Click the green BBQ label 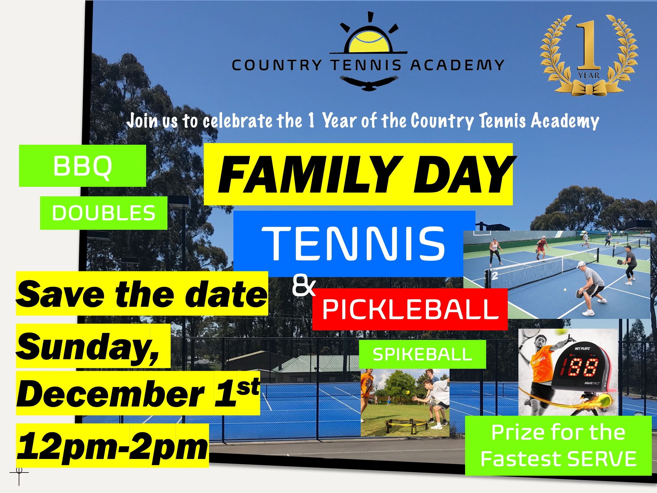(x=82, y=166)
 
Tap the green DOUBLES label (x=104, y=213)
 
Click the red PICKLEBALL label (x=410, y=309)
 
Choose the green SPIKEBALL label (x=422, y=354)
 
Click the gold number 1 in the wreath (x=588, y=45)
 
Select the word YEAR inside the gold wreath (x=589, y=76)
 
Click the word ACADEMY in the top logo (x=457, y=65)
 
